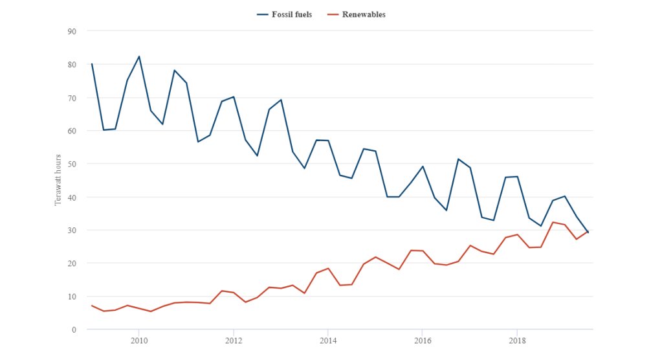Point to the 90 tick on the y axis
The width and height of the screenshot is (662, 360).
tap(71, 31)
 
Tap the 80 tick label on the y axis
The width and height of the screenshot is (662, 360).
tap(71, 64)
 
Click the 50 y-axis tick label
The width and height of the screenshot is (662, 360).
tap(71, 164)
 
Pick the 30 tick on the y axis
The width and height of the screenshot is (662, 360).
tap(71, 230)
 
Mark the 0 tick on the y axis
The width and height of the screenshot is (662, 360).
tap(74, 330)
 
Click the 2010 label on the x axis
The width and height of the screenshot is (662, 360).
tap(138, 341)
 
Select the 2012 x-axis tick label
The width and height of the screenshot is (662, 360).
tap(234, 341)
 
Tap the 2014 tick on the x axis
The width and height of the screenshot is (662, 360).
tap(328, 341)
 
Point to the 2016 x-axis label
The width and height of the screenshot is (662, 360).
tap(423, 341)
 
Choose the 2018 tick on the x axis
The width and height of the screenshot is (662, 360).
tap(517, 341)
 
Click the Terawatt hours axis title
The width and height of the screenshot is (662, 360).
tap(57, 180)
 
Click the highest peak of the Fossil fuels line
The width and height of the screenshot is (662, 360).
tap(139, 56)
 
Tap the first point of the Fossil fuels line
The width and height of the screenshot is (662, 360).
tap(92, 63)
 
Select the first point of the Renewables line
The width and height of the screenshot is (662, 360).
tap(92, 306)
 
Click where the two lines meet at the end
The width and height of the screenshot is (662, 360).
tap(588, 232)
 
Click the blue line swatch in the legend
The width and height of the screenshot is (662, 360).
tap(263, 14)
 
